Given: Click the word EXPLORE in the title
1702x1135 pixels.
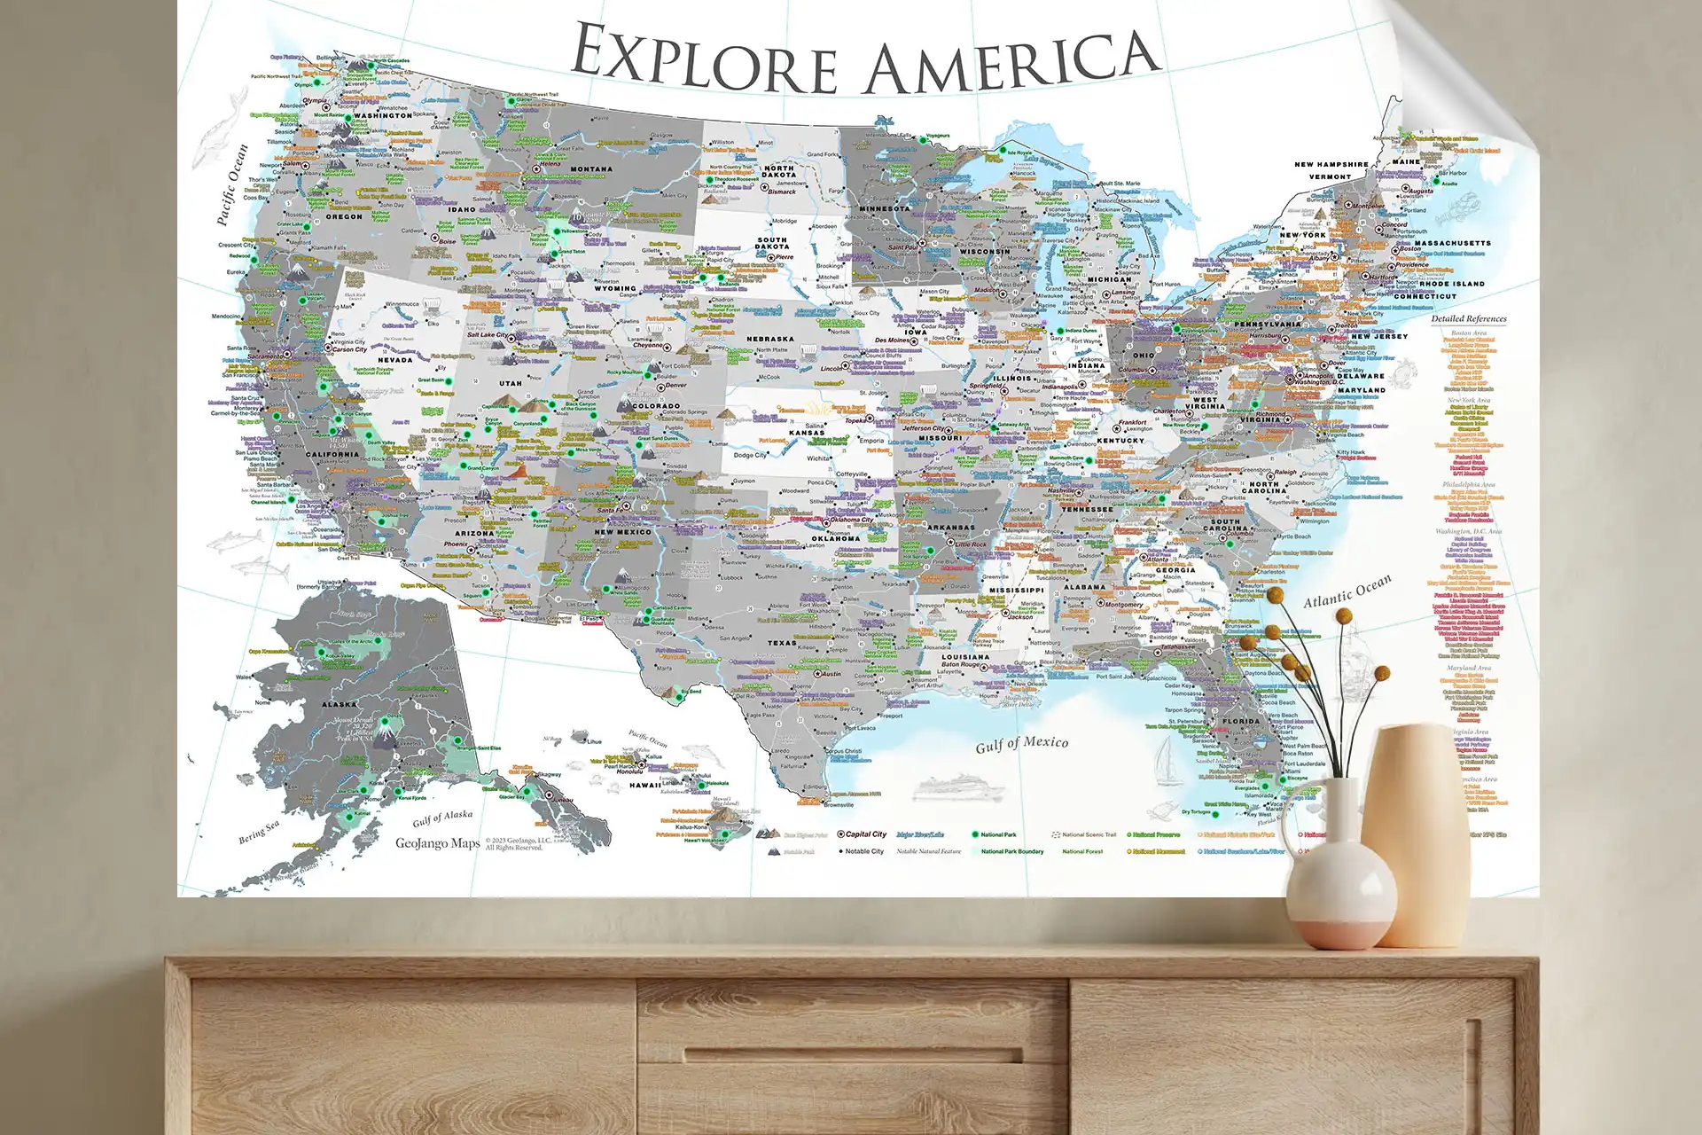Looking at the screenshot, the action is (705, 59).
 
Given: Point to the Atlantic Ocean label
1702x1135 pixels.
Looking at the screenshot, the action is (1347, 591).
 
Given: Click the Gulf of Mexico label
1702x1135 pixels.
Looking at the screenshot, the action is (1021, 744).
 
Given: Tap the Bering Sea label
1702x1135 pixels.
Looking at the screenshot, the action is (258, 832).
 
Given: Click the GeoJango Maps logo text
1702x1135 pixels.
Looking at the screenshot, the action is (437, 843).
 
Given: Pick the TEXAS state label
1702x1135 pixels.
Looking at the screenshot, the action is (781, 643).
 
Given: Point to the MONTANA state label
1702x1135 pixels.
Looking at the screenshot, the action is (590, 169).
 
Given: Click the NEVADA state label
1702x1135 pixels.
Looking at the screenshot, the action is (394, 360).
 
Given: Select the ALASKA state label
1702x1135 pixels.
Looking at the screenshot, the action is (339, 705).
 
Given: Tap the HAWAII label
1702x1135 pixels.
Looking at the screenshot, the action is (644, 785).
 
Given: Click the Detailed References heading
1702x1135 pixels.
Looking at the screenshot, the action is (1468, 318).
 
